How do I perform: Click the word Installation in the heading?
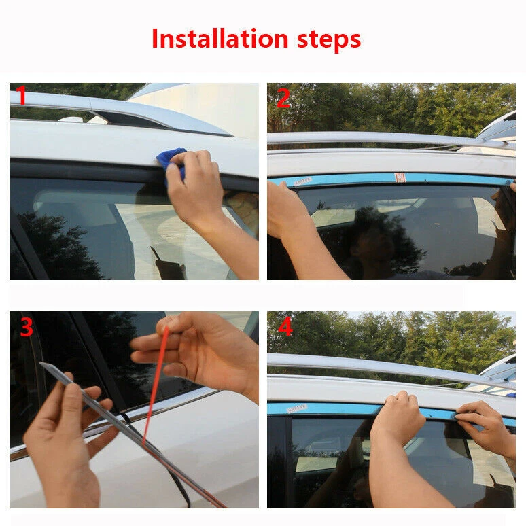[220, 39]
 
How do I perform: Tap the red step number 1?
[21, 95]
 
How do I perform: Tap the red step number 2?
[283, 99]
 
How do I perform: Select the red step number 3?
[27, 327]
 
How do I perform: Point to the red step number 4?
[285, 327]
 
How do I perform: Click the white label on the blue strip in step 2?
[302, 181]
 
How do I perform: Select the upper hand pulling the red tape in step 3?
[198, 352]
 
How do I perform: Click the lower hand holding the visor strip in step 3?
[67, 436]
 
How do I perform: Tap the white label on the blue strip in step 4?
[297, 408]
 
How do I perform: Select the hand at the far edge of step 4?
[487, 426]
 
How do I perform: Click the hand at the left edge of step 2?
[289, 215]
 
